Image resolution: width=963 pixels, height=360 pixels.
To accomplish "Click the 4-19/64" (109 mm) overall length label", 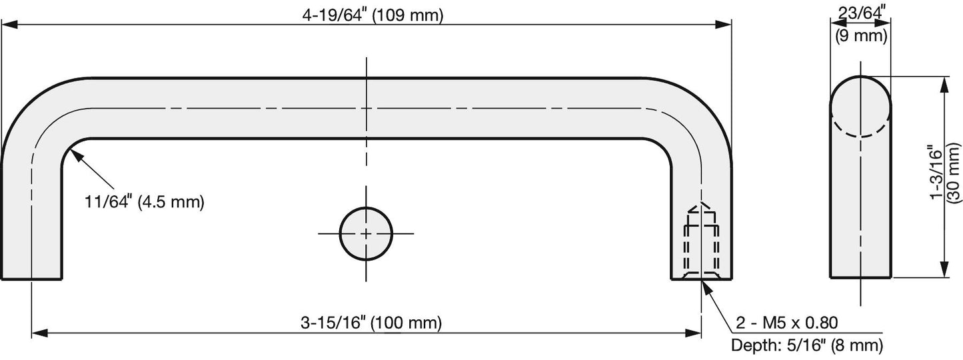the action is click(x=373, y=15).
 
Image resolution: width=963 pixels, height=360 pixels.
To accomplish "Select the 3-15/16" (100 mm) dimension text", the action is click(x=371, y=323).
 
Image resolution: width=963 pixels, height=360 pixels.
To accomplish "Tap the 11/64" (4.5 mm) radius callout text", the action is click(x=145, y=201).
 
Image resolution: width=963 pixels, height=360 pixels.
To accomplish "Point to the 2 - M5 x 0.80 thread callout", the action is click(x=787, y=323).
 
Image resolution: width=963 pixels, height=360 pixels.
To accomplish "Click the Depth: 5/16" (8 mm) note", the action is click(x=807, y=345).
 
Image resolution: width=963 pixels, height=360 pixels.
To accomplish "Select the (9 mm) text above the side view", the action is click(x=862, y=35).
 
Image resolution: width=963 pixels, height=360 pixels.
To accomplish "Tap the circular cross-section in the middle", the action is click(x=366, y=234).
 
